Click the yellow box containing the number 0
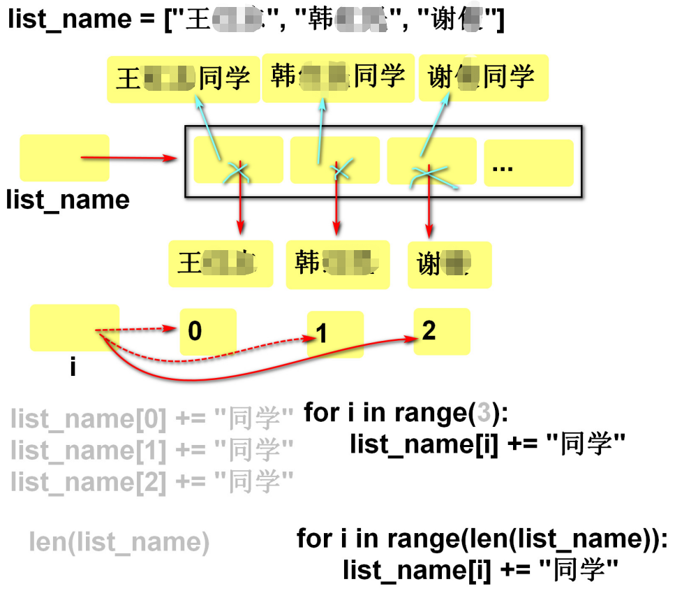pyautogui.click(x=208, y=332)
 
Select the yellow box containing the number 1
pyautogui.click(x=335, y=335)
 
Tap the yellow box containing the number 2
pyautogui.click(x=441, y=331)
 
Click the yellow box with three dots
pyautogui.click(x=528, y=163)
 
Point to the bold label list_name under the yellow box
pyautogui.click(x=68, y=200)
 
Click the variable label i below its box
pyautogui.click(x=73, y=366)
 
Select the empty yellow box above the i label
pyautogui.click(x=74, y=328)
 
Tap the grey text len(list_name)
pyautogui.click(x=119, y=542)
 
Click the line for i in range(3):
pyautogui.click(x=407, y=414)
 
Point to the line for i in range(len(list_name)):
pyautogui.click(x=482, y=539)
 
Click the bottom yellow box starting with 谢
pyautogui.click(x=449, y=265)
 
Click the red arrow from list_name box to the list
pyautogui.click(x=129, y=159)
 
